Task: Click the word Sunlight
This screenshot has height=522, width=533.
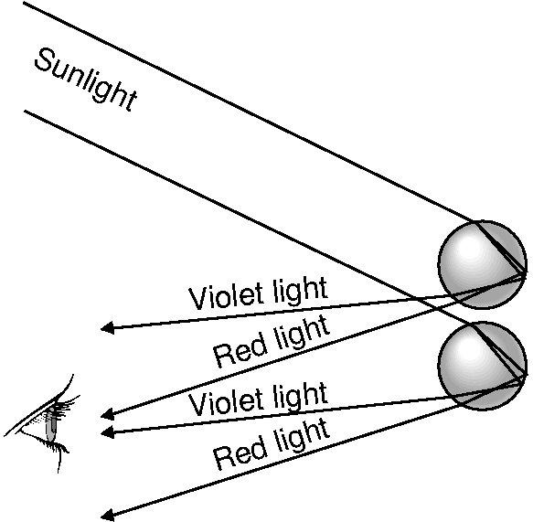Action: click(86, 80)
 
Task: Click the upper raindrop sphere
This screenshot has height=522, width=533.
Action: click(483, 264)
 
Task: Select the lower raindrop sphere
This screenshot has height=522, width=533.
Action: click(483, 366)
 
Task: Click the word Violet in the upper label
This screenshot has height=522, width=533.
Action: click(226, 295)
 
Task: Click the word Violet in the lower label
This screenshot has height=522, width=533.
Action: click(226, 400)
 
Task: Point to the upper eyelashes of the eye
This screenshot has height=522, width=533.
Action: click(67, 405)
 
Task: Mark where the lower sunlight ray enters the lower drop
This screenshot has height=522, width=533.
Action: click(474, 324)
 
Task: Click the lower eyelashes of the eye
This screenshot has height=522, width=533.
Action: click(56, 446)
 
